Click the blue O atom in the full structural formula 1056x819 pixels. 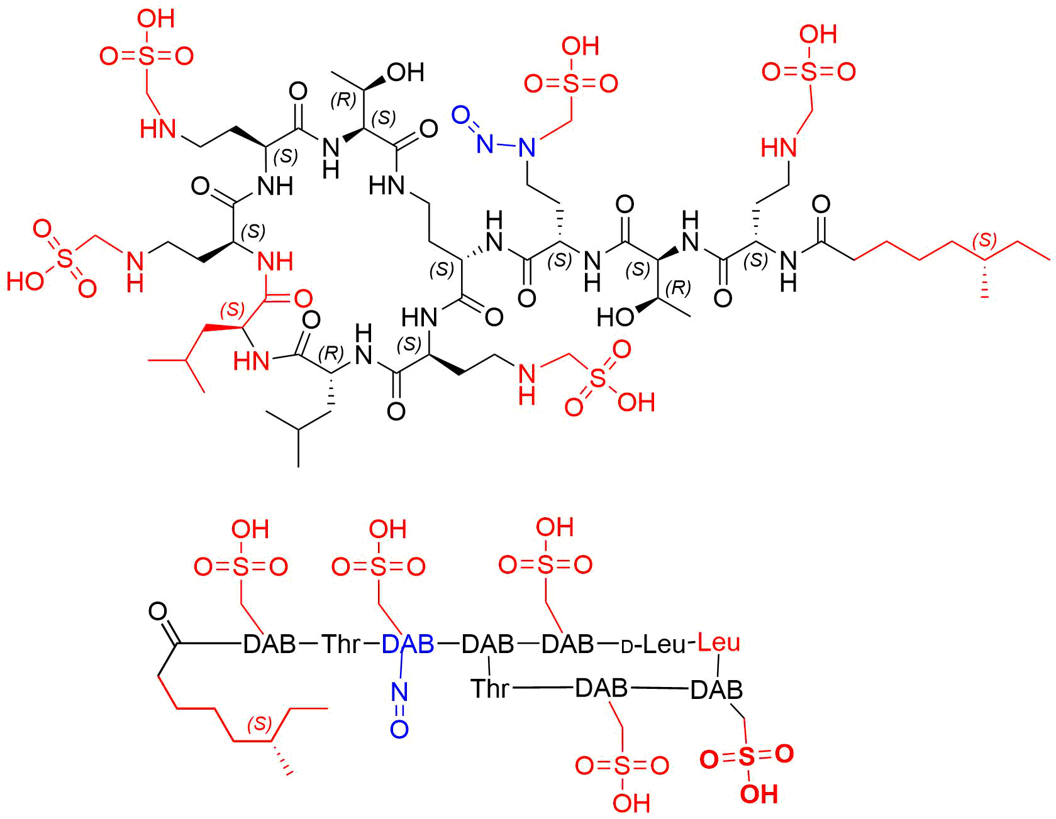(x=461, y=115)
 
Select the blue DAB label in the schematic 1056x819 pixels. (x=408, y=644)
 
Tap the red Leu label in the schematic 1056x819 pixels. (x=720, y=642)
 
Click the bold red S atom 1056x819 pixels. (x=746, y=757)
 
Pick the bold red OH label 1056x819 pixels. (x=759, y=794)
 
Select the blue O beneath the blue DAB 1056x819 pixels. (x=399, y=729)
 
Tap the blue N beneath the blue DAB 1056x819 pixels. (x=399, y=692)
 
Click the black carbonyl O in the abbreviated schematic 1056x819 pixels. (x=158, y=612)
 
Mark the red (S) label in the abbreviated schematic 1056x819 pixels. (x=260, y=723)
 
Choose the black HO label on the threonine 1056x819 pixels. (x=616, y=317)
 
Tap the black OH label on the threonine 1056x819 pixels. (x=406, y=72)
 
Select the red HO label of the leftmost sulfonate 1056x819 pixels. (x=26, y=281)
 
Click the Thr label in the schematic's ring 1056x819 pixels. (x=491, y=688)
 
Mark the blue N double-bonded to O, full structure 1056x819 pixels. (x=484, y=143)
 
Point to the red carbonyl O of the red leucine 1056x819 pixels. (x=303, y=297)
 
